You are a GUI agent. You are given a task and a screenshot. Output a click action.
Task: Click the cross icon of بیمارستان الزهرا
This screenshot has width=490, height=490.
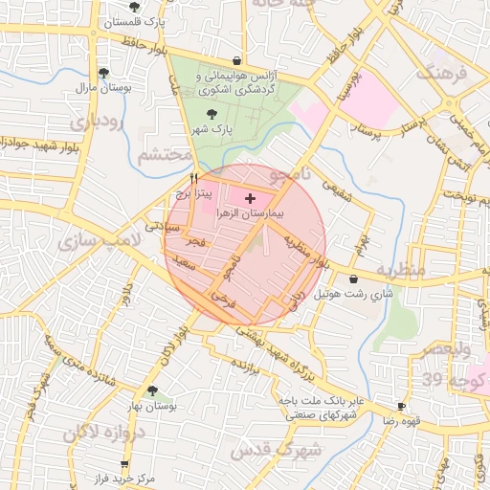click(251, 198)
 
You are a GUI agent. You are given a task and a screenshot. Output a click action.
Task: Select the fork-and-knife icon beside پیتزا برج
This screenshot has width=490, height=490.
click(194, 177)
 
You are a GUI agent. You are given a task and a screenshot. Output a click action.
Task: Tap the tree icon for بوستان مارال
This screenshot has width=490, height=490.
click(103, 73)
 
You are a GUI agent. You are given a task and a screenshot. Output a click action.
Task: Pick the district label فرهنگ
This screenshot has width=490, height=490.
click(439, 72)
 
